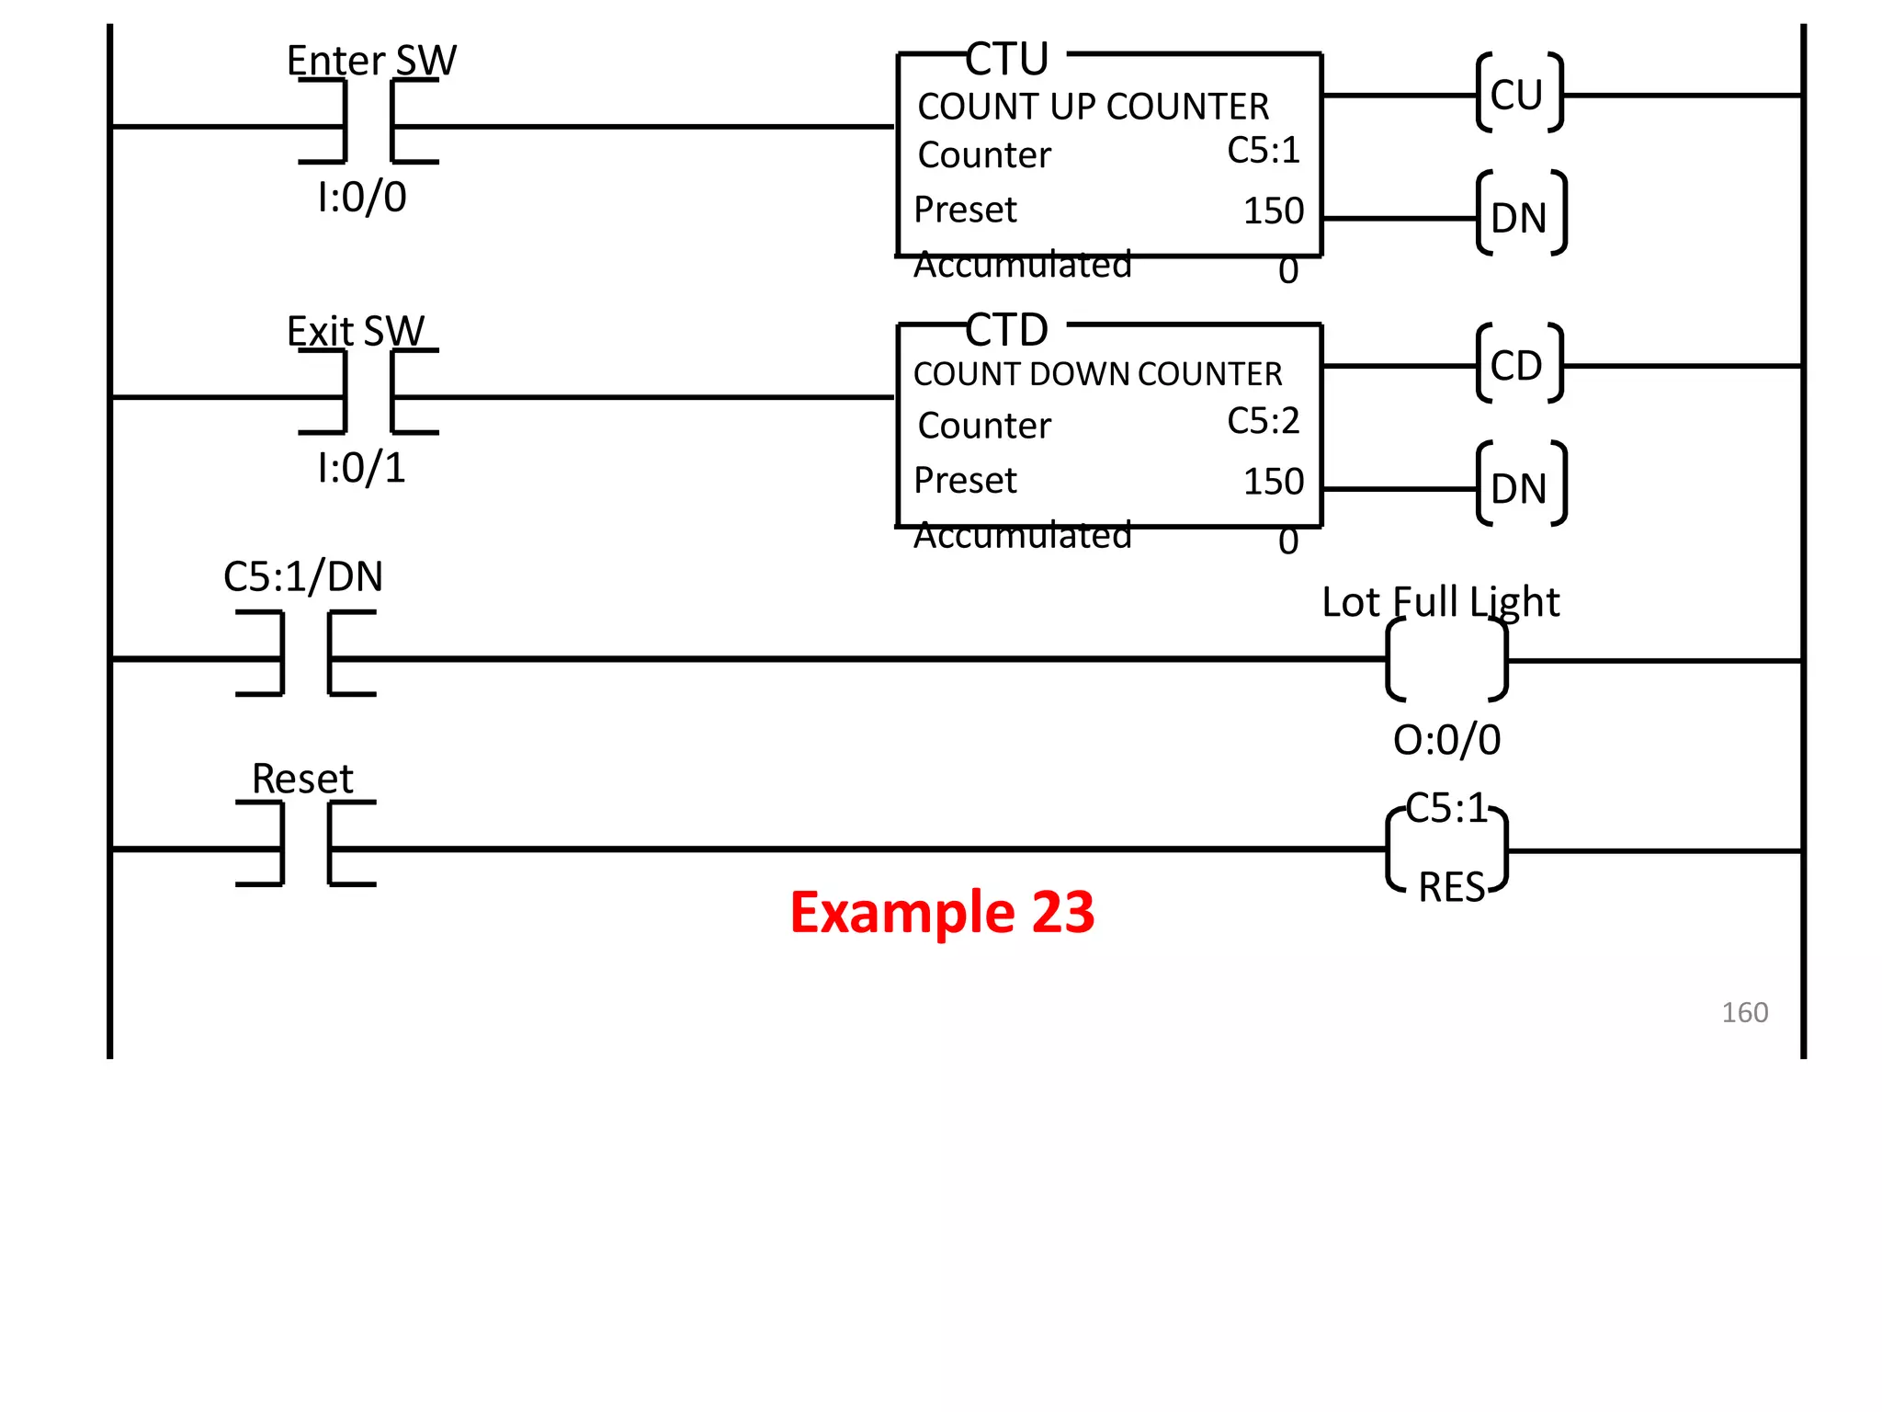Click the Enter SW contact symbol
368,122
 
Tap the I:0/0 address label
361,198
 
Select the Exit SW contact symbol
368,393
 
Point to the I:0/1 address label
361,468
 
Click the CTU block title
1007,61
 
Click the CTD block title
1007,331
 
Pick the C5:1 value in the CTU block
1264,151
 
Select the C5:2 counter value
1264,421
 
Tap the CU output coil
1518,94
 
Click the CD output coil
1518,365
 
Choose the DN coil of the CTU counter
1520,216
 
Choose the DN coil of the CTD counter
1520,487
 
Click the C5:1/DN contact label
303,577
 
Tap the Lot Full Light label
1440,602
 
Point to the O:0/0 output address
1446,740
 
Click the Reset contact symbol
306,844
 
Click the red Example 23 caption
942,912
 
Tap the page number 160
1744,1012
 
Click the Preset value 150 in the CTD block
1274,482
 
